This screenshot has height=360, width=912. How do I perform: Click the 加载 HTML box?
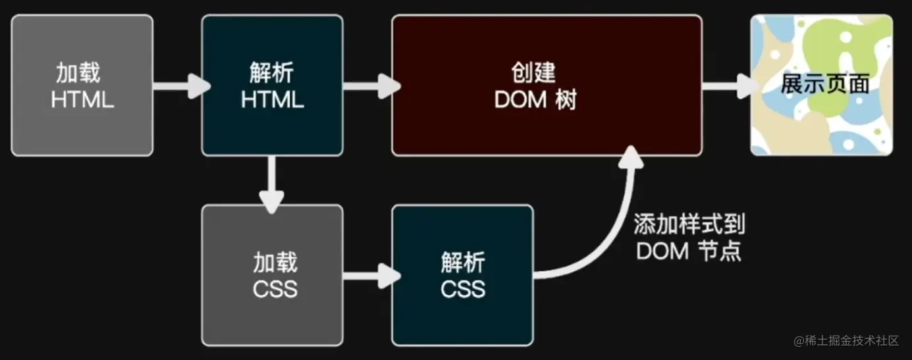[82, 86]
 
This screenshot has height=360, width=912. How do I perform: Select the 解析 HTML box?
[272, 86]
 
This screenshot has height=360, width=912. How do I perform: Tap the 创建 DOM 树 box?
[547, 86]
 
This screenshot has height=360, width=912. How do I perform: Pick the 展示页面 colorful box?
[821, 86]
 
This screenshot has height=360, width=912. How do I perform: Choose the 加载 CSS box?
[272, 275]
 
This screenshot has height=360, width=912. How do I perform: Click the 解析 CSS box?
[462, 275]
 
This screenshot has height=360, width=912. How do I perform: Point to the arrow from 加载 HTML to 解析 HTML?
[179, 86]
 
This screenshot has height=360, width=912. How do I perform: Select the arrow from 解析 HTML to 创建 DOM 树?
[370, 86]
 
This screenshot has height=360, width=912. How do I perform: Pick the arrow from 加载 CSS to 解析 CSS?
[370, 275]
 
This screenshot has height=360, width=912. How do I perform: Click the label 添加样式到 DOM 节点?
[689, 238]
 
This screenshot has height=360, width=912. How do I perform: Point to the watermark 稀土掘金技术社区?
[845, 340]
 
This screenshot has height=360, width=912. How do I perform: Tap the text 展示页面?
[824, 84]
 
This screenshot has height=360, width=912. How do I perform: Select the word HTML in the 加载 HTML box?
[82, 100]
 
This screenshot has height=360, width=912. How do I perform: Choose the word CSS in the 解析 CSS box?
[463, 288]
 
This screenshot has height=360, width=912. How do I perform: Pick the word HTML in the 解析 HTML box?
[272, 100]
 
